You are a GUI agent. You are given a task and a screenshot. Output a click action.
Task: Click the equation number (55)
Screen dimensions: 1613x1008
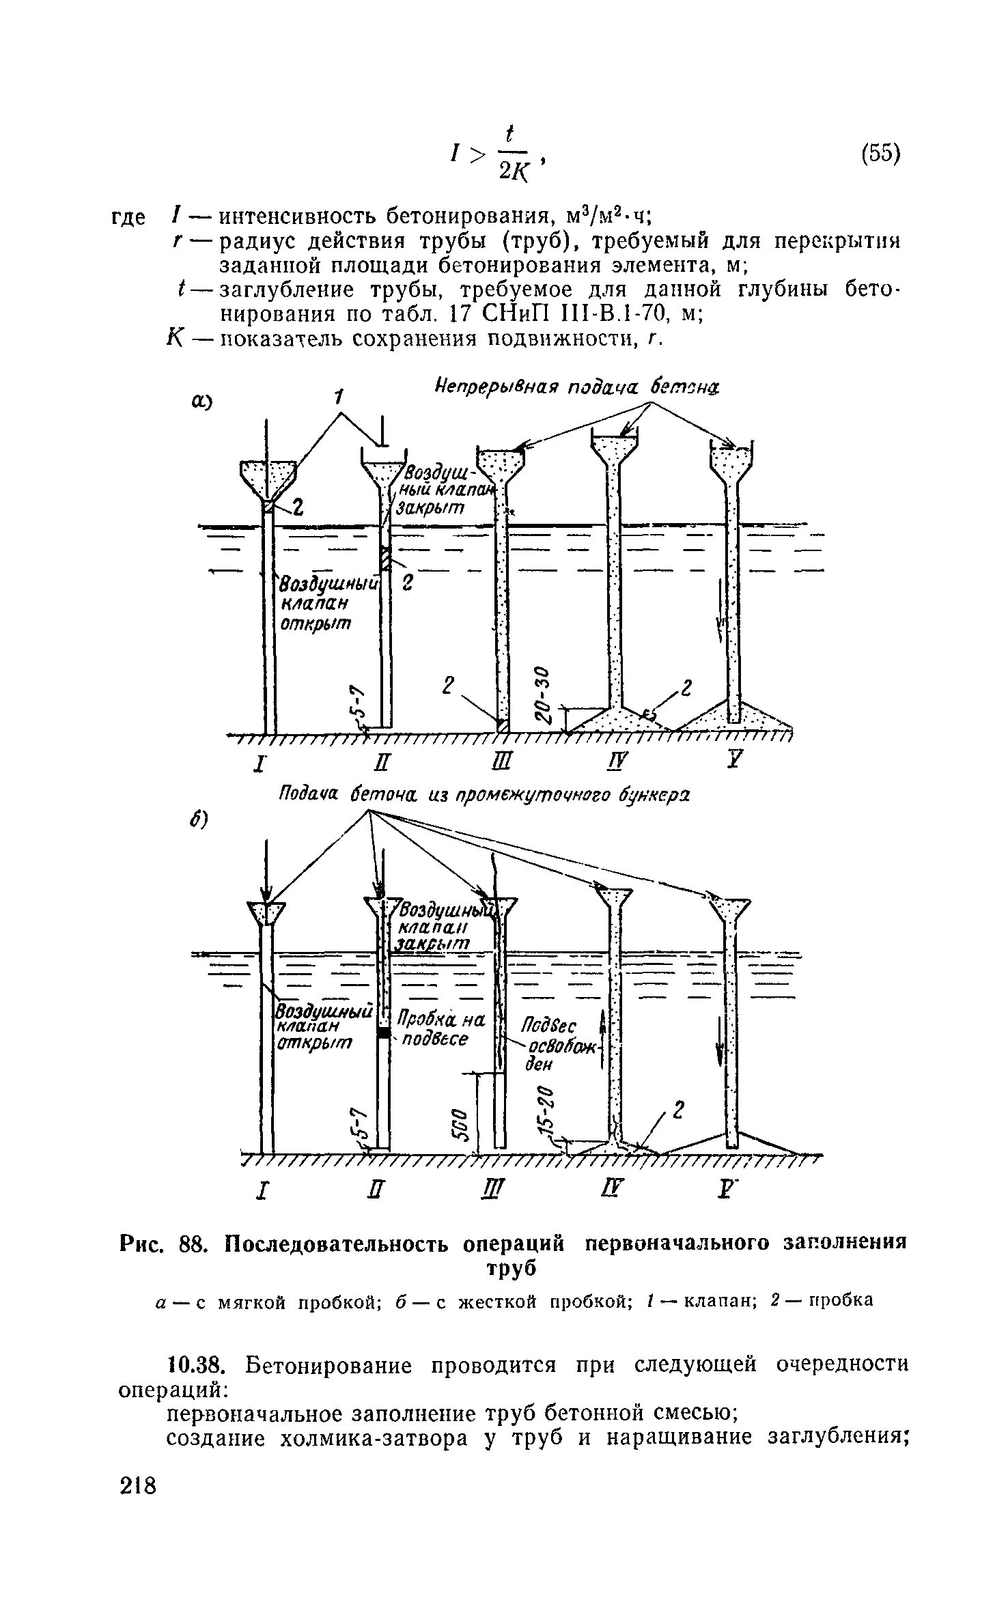click(880, 154)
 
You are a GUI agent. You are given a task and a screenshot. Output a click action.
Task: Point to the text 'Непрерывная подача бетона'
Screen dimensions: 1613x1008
click(577, 387)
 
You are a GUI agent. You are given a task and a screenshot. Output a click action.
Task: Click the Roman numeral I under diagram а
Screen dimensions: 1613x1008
click(260, 763)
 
